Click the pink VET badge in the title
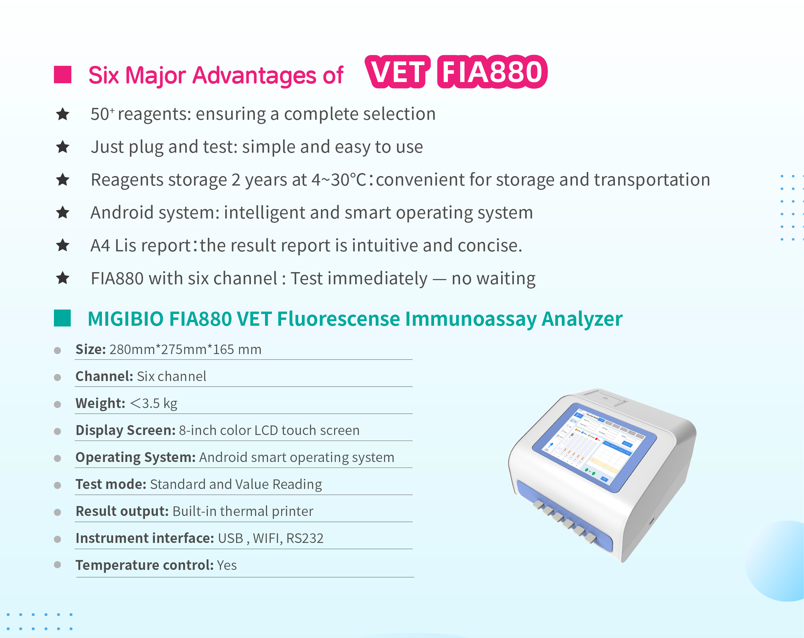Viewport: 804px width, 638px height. [398, 72]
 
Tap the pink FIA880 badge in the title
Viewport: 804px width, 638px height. [492, 72]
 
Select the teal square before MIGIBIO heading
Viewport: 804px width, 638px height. [62, 318]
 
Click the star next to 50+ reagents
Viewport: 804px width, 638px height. [63, 114]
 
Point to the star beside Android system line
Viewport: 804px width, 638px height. [63, 213]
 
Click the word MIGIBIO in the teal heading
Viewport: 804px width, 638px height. [126, 319]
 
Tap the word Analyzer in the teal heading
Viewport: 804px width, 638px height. [582, 320]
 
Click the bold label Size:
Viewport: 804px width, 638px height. [91, 349]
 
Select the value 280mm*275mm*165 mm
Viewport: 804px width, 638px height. [185, 349]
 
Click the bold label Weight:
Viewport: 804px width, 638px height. [100, 403]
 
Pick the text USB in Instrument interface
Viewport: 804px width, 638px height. [231, 538]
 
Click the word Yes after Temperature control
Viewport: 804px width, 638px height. [227, 565]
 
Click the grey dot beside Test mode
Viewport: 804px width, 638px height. [58, 485]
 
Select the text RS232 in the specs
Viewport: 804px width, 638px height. [305, 538]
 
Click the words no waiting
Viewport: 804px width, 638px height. [493, 278]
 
